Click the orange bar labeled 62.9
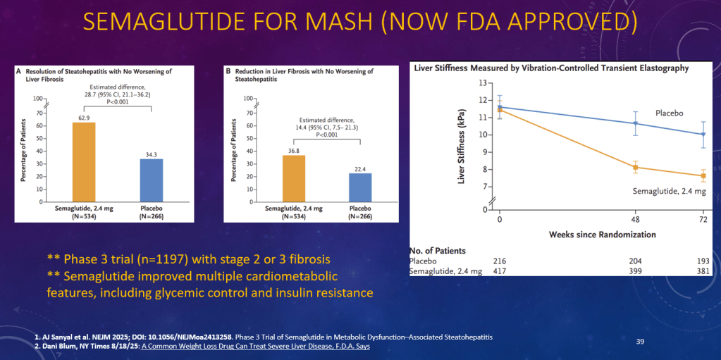pos(83,161)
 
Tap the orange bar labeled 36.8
pos(293,178)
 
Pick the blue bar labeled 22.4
pos(359,187)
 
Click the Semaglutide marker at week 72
pos(703,175)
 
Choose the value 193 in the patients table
pos(702,261)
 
